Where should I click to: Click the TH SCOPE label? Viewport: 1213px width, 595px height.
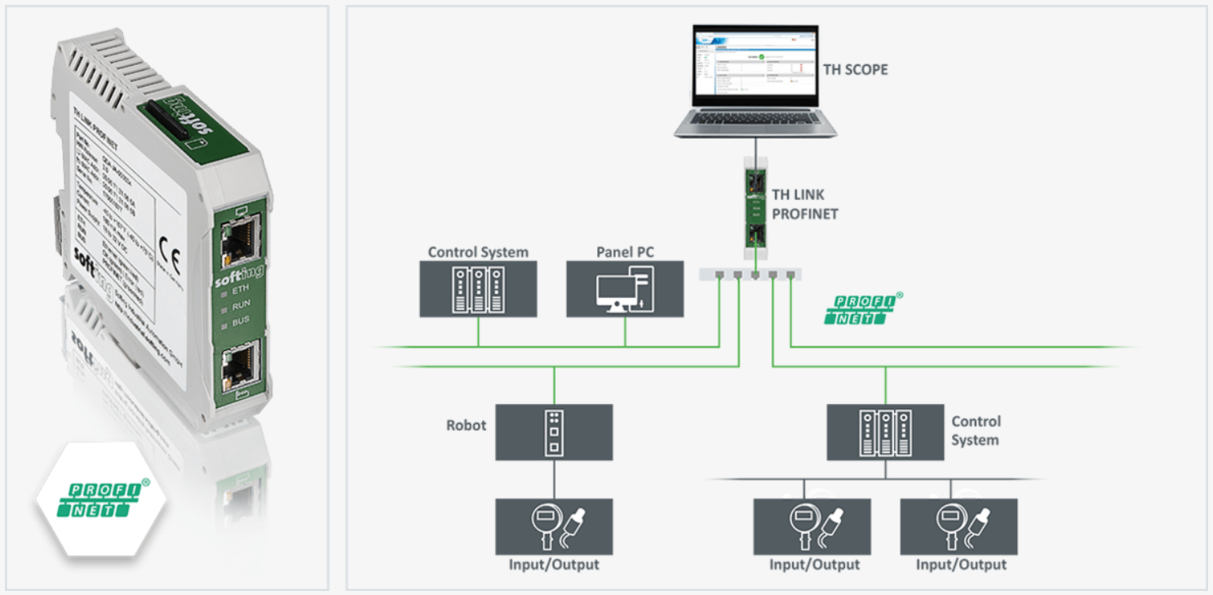coord(855,69)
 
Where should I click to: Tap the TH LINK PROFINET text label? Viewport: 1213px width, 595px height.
coord(804,204)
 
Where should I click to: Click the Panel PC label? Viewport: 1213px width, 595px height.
coord(625,252)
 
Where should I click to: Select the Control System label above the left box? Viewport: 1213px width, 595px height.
coord(478,252)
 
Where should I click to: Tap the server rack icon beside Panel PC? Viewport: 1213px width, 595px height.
coord(478,291)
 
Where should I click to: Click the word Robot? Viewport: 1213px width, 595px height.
coord(466,425)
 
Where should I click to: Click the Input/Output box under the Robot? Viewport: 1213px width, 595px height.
coord(554,526)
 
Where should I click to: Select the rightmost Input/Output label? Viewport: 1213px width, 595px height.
coord(960,565)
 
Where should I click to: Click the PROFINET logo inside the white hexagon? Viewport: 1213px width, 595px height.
coord(102,499)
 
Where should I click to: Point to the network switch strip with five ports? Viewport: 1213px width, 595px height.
coord(750,274)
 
